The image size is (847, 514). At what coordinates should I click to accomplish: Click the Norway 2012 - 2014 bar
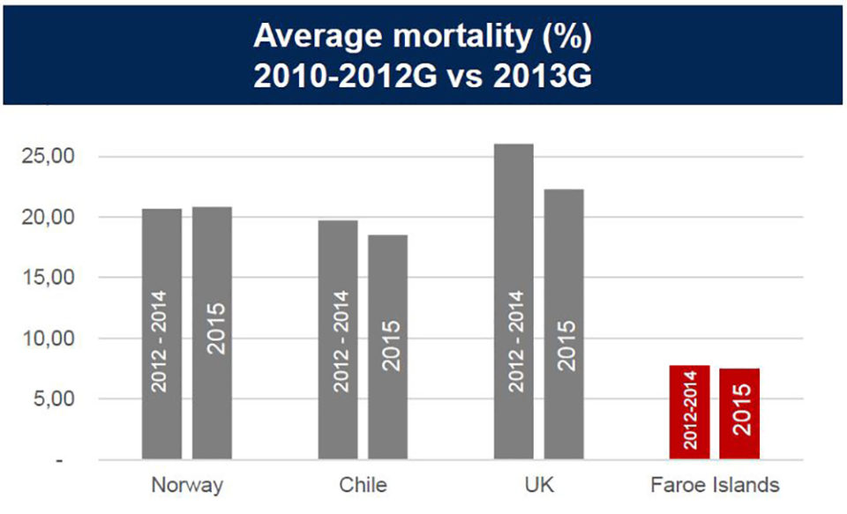[162, 334]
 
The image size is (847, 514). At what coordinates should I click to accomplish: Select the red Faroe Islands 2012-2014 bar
[690, 412]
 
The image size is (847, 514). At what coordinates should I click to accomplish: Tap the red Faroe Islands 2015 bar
[739, 413]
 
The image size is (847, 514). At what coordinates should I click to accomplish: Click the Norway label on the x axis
[187, 485]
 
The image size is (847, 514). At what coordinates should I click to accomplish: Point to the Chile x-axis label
[362, 485]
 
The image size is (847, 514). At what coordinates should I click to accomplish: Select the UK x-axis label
[538, 485]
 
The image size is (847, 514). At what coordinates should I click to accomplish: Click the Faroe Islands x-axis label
[715, 485]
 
